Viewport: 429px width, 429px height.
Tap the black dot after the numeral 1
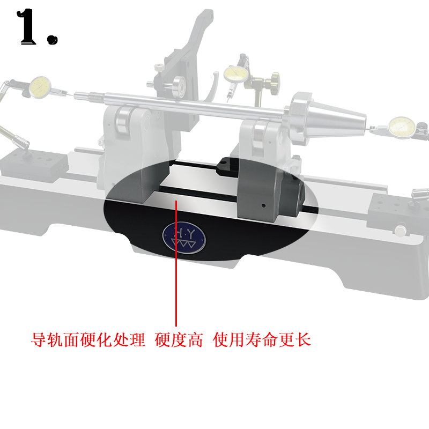coord(52,39)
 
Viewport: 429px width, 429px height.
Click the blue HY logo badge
coord(177,236)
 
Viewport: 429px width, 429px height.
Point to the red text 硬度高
coord(179,340)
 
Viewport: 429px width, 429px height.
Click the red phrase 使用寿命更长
coord(262,340)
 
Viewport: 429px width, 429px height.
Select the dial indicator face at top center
coord(235,72)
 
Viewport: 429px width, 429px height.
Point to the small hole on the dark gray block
coord(264,205)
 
